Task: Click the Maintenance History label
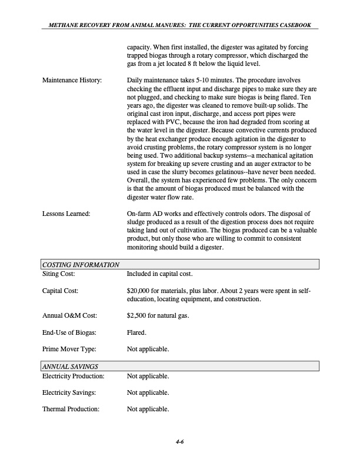tap(72, 79)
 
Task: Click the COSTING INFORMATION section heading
tap(79, 265)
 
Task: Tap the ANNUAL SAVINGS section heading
tap(69, 367)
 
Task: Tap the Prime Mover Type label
tap(69, 349)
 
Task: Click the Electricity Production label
tap(73, 376)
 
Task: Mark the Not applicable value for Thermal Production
tap(148, 409)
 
